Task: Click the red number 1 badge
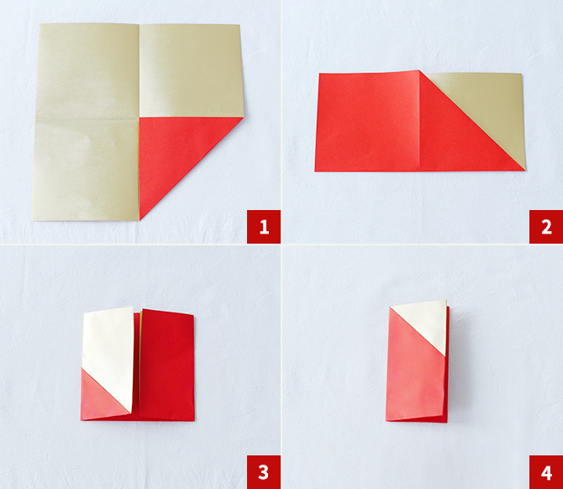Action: [x=264, y=227]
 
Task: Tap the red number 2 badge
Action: [x=546, y=227]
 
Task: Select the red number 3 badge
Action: [x=264, y=472]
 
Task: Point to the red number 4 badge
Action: [x=546, y=472]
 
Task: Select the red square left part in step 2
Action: [x=368, y=122]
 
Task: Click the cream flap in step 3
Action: [x=108, y=355]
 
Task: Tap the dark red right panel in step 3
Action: [x=167, y=365]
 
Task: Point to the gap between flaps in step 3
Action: [x=137, y=363]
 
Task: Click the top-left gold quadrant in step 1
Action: [x=87, y=71]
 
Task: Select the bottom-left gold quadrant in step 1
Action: [x=86, y=170]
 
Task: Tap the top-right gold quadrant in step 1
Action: [x=191, y=71]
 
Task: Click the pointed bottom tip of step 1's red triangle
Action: [x=139, y=219]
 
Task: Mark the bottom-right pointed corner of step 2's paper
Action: [x=525, y=170]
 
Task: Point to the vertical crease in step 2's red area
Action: [x=419, y=121]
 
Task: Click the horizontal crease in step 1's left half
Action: [x=87, y=118]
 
